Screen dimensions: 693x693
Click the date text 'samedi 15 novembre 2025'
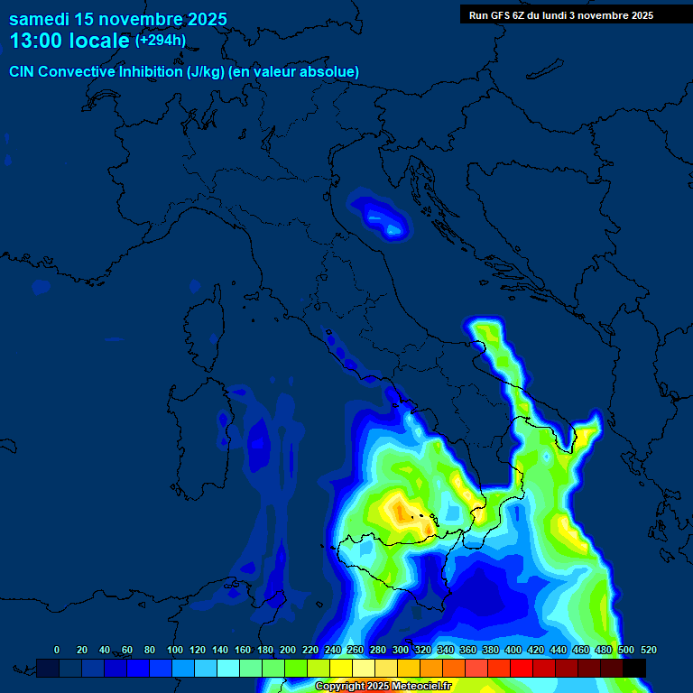click(117, 19)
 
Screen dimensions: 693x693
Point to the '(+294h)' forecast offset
click(161, 41)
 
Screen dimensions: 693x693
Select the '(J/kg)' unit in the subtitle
click(206, 71)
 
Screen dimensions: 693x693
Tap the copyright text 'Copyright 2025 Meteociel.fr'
click(383, 687)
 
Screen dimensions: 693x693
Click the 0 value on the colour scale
click(57, 650)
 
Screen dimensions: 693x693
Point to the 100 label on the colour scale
click(175, 650)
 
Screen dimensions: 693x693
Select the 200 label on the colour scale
click(288, 650)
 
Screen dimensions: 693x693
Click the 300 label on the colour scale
click(401, 650)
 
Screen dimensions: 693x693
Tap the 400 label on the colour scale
click(513, 650)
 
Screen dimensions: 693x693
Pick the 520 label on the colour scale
click(648, 650)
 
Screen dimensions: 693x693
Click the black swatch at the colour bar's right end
click(634, 668)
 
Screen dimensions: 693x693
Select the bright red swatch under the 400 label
click(521, 668)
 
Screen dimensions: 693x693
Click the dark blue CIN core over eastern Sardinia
click(260, 442)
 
